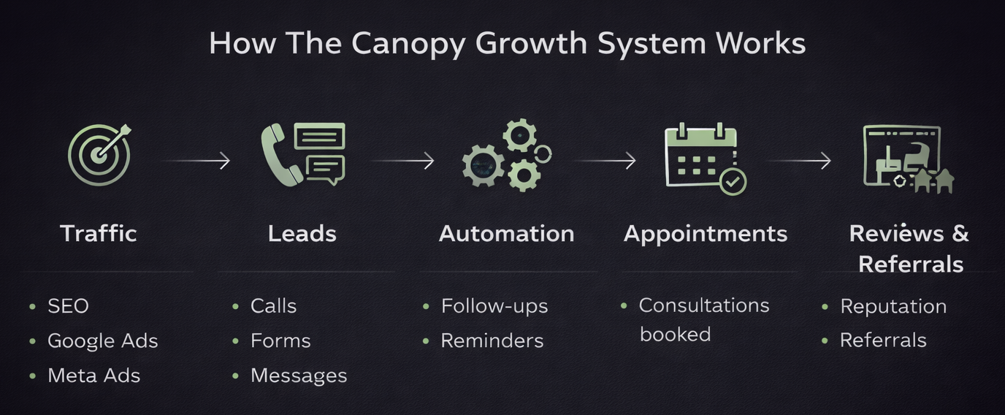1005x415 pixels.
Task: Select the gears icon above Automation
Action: [x=505, y=156]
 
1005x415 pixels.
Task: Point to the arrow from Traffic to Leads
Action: [x=196, y=160]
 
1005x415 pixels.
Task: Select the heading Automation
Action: [x=506, y=234]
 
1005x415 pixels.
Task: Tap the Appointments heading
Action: [x=706, y=234]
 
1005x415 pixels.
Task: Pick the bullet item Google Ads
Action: [x=102, y=340]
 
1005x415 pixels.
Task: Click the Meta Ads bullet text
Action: [x=93, y=376]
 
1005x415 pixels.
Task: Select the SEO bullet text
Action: [x=68, y=305]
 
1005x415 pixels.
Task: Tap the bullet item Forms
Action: [x=280, y=340]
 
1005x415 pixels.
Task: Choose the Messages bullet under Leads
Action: [x=298, y=376]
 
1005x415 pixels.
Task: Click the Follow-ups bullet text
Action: [x=494, y=305]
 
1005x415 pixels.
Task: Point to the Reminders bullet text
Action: [x=492, y=340]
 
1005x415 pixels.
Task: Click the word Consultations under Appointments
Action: [x=704, y=305]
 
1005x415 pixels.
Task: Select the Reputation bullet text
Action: [x=893, y=306]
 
